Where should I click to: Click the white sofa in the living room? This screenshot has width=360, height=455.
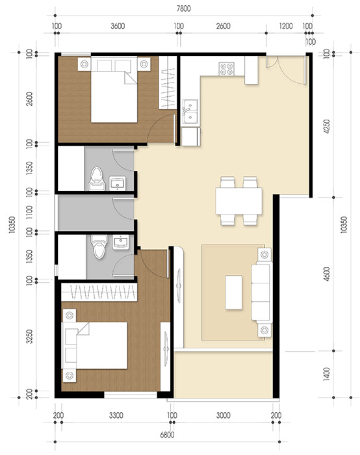click(261, 292)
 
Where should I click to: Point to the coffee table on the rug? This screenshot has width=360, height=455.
click(233, 292)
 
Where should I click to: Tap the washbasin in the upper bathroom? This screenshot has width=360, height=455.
click(118, 183)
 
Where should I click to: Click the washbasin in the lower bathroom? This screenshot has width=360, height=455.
click(121, 243)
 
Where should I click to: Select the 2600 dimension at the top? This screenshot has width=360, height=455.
click(222, 26)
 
